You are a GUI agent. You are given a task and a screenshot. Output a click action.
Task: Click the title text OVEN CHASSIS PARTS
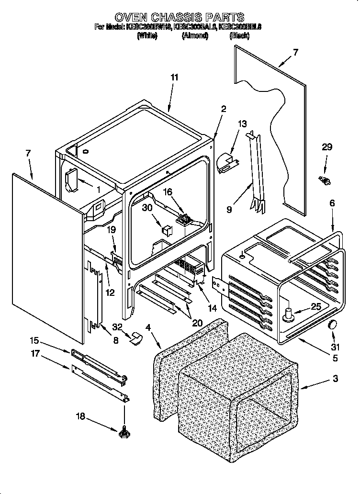tap(180, 18)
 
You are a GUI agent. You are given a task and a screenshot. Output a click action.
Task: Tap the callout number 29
tap(326, 147)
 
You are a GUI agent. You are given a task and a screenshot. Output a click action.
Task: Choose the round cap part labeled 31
tap(332, 326)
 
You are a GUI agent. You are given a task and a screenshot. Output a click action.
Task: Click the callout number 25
tap(315, 307)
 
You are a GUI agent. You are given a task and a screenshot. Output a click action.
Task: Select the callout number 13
tap(243, 124)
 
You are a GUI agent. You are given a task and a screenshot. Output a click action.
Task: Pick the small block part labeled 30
tap(166, 229)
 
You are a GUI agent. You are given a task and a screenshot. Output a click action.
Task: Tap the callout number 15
tap(34, 341)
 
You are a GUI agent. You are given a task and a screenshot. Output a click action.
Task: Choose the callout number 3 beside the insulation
tap(335, 379)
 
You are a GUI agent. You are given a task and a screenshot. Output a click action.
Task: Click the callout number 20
tap(198, 323)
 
